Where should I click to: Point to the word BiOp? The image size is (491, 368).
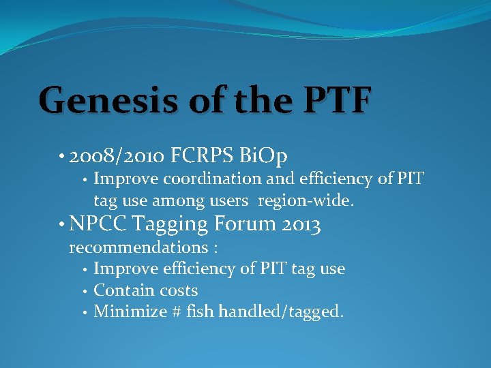[x=265, y=156]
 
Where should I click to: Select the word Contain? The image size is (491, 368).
[x=119, y=290]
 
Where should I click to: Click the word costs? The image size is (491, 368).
[x=174, y=290]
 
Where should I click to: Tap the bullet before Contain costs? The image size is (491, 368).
[x=83, y=291]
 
